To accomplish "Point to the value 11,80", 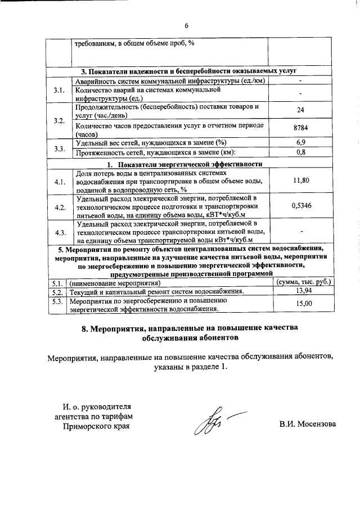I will pyautogui.click(x=301, y=180).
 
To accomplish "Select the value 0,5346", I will pyautogui.click(x=301, y=206).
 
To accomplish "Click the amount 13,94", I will pyautogui.click(x=303, y=291).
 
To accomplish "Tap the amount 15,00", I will pyautogui.click(x=303, y=304).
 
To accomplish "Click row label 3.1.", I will pyautogui.click(x=59, y=91).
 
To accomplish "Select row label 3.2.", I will pyautogui.click(x=59, y=120).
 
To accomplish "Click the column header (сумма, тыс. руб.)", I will pyautogui.click(x=303, y=282).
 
